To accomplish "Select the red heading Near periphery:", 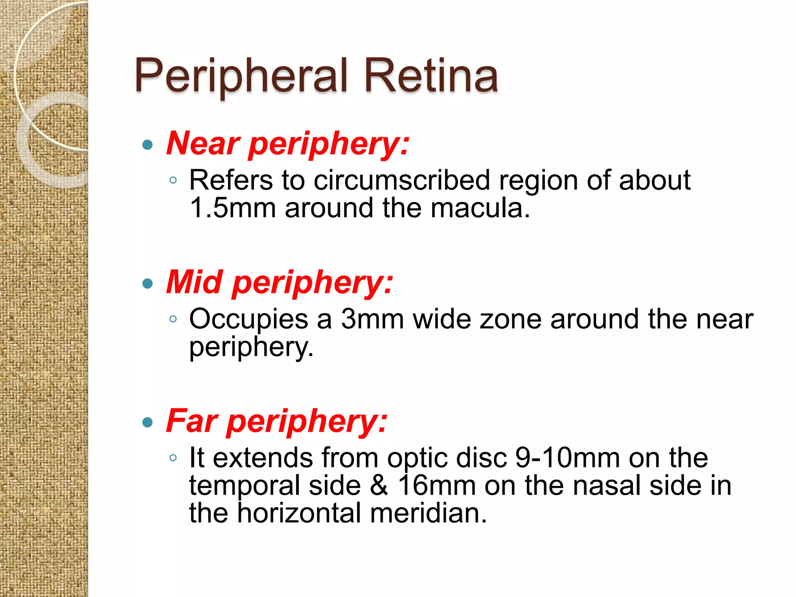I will tap(288, 144).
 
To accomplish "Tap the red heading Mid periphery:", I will tap(279, 283).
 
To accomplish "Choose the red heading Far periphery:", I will tap(277, 421).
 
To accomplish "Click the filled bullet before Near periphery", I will tap(148, 145).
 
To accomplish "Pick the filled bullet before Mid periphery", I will tap(148, 284).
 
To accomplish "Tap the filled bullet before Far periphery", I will tap(148, 422).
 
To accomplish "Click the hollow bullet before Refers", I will tap(173, 180).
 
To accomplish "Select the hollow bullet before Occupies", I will tap(173, 319).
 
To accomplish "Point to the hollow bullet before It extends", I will tap(173, 458).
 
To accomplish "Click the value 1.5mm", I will tap(232, 208).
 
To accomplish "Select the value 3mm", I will tap(372, 319).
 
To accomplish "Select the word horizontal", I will tap(299, 513).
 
